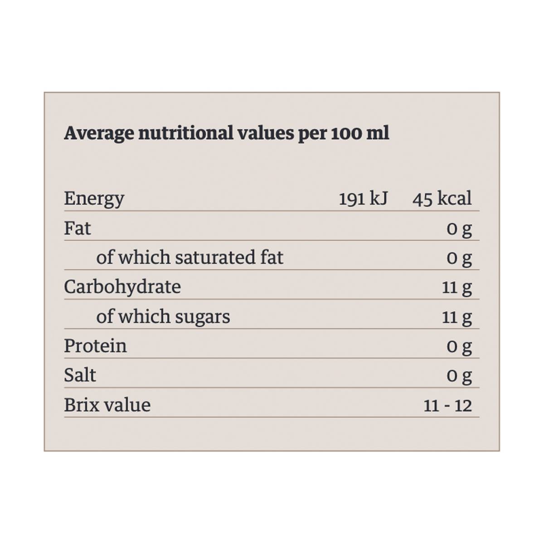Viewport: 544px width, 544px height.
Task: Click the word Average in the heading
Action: (x=99, y=133)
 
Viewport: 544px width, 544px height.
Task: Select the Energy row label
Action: (x=94, y=199)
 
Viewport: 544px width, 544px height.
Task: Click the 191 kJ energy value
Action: (x=363, y=199)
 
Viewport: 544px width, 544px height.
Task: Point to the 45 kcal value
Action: (x=442, y=199)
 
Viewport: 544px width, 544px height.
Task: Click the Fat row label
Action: (x=77, y=228)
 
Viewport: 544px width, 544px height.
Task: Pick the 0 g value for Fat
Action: (x=459, y=228)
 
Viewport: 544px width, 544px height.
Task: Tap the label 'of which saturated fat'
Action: (x=189, y=257)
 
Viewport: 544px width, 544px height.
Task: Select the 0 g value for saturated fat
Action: (x=459, y=258)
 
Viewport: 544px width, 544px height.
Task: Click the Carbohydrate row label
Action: (x=122, y=287)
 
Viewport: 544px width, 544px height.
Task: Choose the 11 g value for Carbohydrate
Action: (x=457, y=287)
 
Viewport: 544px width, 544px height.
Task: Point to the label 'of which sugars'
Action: (x=163, y=316)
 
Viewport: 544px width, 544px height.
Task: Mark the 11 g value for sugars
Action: (x=457, y=317)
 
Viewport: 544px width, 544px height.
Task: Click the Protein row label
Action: (x=95, y=346)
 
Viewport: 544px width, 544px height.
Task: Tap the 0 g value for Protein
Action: (x=459, y=346)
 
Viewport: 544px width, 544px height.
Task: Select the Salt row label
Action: (x=80, y=375)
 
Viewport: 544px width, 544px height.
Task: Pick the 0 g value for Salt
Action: (x=459, y=376)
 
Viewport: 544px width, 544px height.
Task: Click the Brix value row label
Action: (x=107, y=405)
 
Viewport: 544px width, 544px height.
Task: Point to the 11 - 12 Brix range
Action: (x=447, y=405)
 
